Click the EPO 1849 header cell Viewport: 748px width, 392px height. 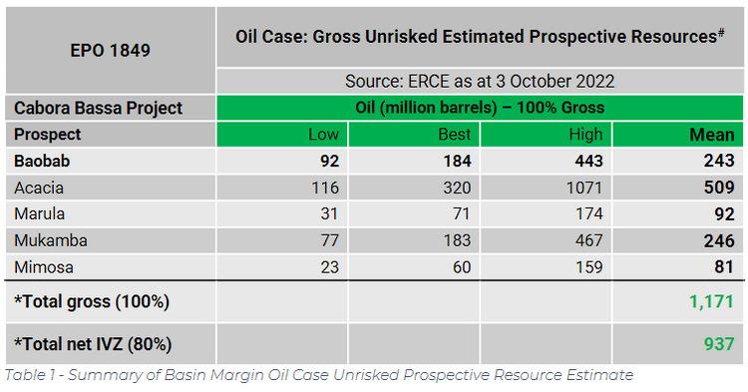(x=110, y=49)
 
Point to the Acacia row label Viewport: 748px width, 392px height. (x=39, y=186)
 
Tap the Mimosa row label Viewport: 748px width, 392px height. (x=42, y=266)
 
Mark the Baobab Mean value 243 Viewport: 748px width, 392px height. (x=718, y=160)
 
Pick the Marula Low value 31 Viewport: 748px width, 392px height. (x=329, y=212)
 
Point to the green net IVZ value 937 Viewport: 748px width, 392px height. (x=719, y=344)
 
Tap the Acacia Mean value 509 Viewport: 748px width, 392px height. (x=718, y=186)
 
